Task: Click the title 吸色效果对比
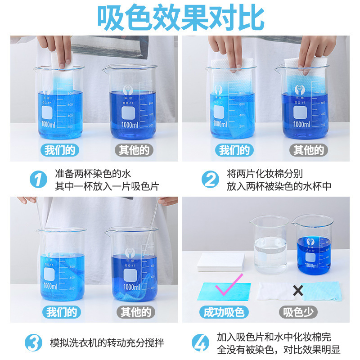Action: [180, 18]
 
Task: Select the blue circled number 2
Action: [210, 180]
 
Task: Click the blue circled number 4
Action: [201, 343]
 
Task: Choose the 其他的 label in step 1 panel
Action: [134, 150]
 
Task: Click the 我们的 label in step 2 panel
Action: [234, 150]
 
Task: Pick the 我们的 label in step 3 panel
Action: [61, 311]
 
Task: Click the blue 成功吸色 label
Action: [224, 312]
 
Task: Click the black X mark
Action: [298, 291]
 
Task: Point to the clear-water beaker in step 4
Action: [270, 245]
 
